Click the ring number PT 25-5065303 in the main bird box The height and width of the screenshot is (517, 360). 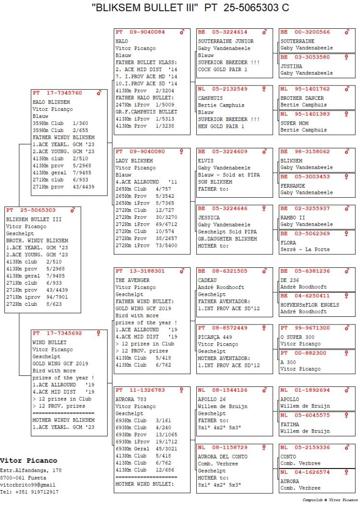pos(31,210)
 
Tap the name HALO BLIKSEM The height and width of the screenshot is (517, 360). pos(51,102)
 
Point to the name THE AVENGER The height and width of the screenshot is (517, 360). pos(132,280)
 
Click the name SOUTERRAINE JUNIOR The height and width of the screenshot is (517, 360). pos(226,41)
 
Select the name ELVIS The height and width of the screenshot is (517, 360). pos(205,161)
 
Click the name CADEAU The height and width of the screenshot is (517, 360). pos(207,280)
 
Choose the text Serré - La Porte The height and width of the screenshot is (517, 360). pos(304,249)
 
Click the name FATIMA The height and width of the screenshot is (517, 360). pos(289,424)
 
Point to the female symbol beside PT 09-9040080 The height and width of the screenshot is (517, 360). pos(182,152)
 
